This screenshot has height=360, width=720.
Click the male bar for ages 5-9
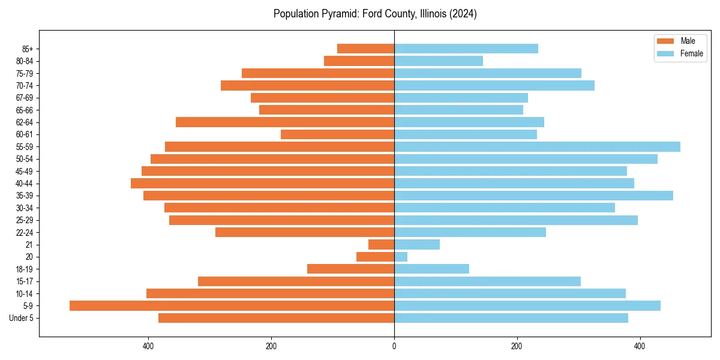232,306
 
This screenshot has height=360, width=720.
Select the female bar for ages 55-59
537,147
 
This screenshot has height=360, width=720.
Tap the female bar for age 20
401,257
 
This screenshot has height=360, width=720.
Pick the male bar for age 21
381,245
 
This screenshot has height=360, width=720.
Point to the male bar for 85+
365,49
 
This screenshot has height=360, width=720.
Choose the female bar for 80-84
439,61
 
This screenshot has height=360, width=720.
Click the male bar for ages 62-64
285,122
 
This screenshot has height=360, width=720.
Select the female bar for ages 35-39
533,196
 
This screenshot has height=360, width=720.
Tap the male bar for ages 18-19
350,269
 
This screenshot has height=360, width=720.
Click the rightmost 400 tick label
640,346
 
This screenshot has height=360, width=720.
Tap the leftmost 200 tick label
271,346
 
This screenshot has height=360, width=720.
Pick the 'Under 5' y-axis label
22,319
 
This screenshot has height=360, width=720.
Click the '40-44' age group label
25,184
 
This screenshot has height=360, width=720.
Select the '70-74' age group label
25,86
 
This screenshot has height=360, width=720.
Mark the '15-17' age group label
25,281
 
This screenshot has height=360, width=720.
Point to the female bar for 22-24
470,232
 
